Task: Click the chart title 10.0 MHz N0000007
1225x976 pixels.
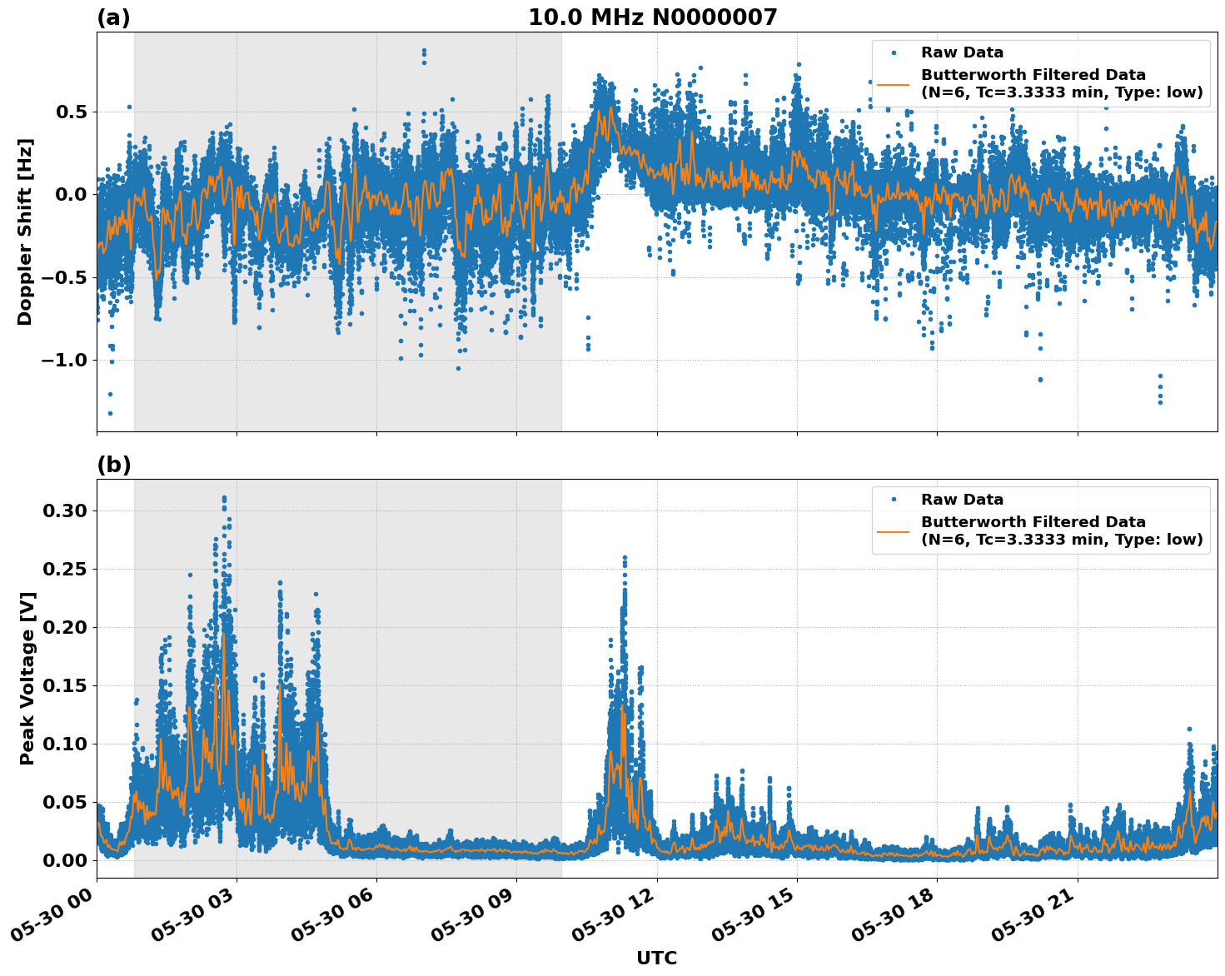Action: click(652, 17)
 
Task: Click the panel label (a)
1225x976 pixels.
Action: click(113, 17)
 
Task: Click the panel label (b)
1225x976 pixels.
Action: click(113, 465)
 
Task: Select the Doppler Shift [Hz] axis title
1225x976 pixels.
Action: click(25, 232)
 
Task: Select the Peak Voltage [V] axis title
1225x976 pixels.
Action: click(27, 678)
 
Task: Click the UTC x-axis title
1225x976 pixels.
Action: click(656, 958)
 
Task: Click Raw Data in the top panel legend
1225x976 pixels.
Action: click(962, 52)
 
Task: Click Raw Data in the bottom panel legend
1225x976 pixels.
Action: click(962, 500)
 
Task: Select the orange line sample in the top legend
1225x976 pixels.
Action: click(893, 84)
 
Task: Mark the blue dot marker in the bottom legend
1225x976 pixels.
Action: click(893, 500)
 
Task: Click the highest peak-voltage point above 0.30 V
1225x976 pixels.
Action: click(224, 498)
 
